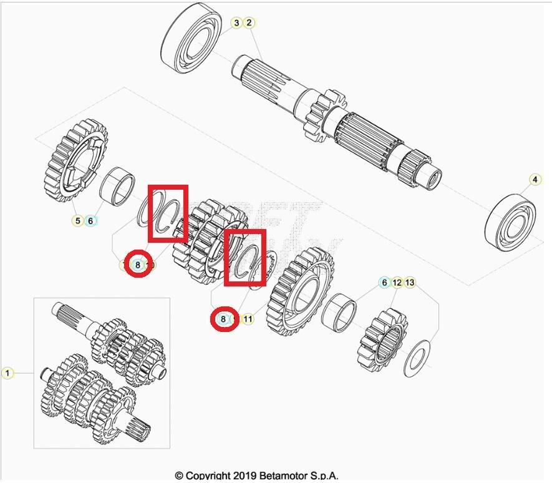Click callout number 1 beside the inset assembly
[x=7, y=373]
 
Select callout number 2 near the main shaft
[x=249, y=23]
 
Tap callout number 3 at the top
[x=236, y=23]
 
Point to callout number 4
[x=535, y=180]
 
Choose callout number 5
[x=78, y=220]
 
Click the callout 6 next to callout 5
[x=90, y=220]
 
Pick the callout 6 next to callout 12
[x=385, y=283]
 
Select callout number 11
[x=248, y=319]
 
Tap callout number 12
[x=397, y=283]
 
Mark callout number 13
[x=410, y=283]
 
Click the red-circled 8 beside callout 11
[x=223, y=319]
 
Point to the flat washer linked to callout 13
[x=417, y=358]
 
